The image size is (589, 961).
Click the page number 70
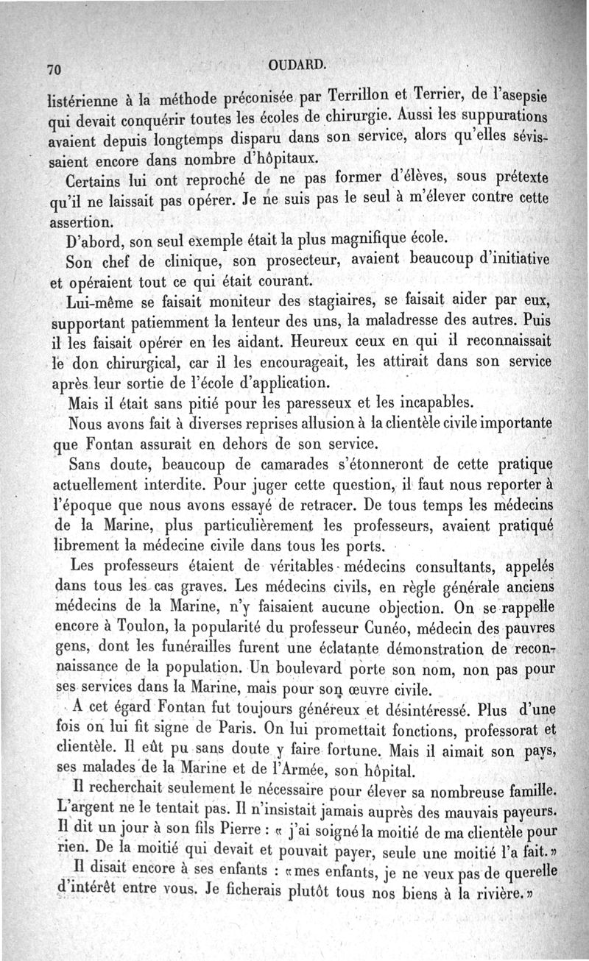52,70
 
